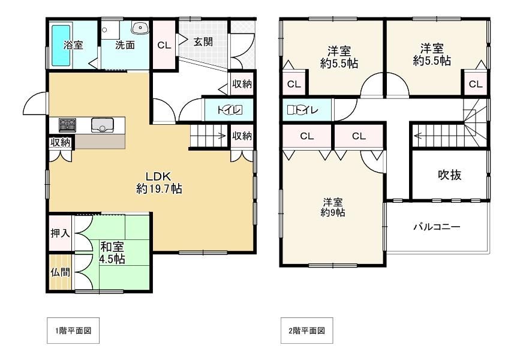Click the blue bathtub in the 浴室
pos(61,45)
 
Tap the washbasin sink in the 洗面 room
pos(140,28)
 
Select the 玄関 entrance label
pos(203,41)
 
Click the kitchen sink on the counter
pos(103,124)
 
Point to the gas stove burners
pos(67,125)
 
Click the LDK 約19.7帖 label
pos(159,182)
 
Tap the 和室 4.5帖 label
pos(112,253)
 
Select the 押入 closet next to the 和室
pos(61,233)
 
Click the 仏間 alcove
pos(61,272)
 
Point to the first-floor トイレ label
pos(230,110)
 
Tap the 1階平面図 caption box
pos(73,331)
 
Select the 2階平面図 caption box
pos(307,331)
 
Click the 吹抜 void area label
pos(449,175)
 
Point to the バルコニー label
pos(437,227)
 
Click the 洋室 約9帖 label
pos(333,207)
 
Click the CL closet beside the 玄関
pos(164,45)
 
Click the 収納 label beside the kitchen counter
pos(61,142)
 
